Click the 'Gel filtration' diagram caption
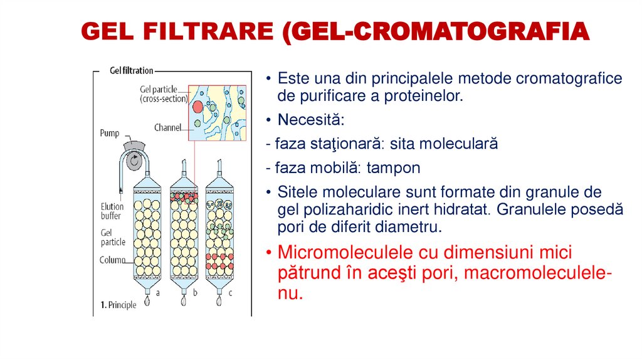(131, 71)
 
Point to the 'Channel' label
(167, 127)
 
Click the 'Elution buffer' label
(112, 211)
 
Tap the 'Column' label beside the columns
(112, 260)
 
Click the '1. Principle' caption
(118, 305)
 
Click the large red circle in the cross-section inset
(197, 106)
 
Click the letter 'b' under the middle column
(195, 292)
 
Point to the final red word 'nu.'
(290, 293)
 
